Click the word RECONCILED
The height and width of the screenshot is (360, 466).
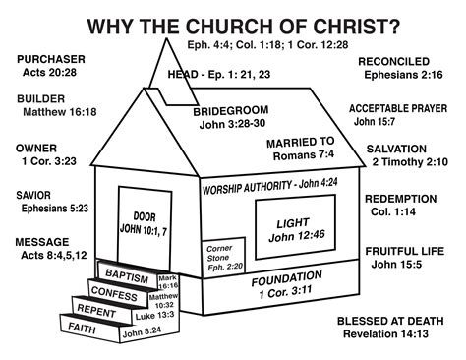pyautogui.click(x=398, y=60)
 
